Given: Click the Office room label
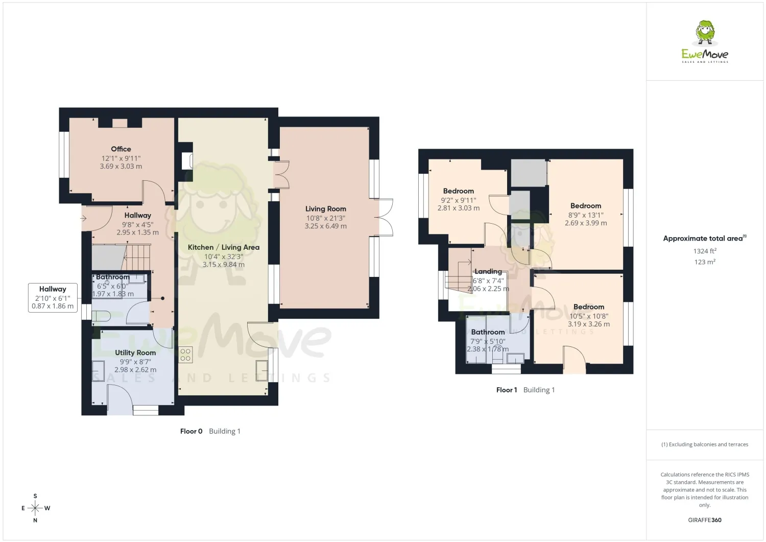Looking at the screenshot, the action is [121, 149].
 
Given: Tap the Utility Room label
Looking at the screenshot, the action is [135, 352].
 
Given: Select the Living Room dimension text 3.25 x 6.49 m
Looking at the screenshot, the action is [326, 226].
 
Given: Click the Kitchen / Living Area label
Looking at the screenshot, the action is [224, 247].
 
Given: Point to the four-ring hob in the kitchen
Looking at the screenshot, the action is [185, 355].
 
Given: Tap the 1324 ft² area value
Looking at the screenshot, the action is [705, 251].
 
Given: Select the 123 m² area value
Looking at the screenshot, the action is [705, 262].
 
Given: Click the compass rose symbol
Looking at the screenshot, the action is [35, 508].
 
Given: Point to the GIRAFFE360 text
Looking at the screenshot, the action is [705, 520].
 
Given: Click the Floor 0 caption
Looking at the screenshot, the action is [191, 431].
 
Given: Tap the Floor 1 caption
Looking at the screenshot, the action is [507, 390].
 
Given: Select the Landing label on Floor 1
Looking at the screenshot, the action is [488, 272].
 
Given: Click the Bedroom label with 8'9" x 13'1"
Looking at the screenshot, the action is [585, 206].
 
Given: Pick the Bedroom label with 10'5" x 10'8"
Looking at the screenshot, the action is [588, 307].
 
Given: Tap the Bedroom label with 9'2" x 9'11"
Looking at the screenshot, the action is [458, 191].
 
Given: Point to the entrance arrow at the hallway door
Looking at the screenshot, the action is [84, 218].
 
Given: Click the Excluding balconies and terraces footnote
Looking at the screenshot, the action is [705, 444].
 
